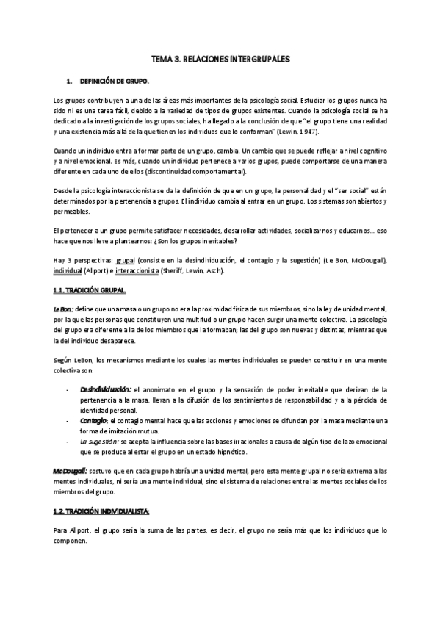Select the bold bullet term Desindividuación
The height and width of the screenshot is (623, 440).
click(x=104, y=389)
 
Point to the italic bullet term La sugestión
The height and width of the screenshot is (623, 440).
click(x=99, y=442)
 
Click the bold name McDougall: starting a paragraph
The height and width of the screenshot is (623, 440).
click(x=70, y=469)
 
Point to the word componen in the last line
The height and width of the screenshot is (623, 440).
click(x=71, y=536)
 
